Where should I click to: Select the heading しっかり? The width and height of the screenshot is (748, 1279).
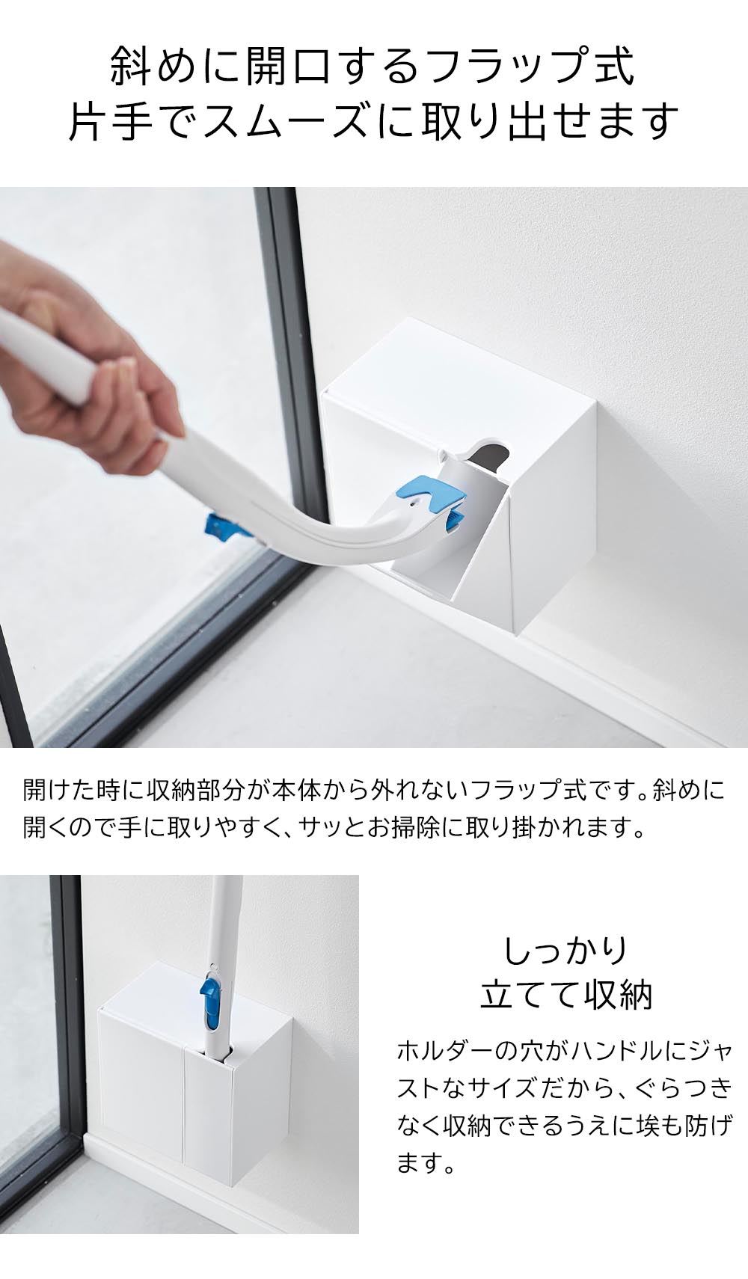(565, 950)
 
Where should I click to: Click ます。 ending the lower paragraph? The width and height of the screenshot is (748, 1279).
(426, 1164)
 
